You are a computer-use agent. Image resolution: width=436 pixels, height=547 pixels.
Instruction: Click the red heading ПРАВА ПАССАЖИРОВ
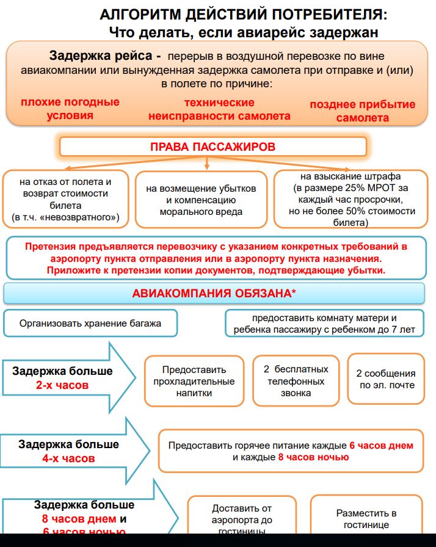pos(213,147)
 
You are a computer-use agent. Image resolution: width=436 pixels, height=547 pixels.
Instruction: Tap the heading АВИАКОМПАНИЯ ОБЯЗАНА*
pos(214,294)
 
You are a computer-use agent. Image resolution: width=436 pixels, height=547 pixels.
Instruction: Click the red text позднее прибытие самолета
pos(363,110)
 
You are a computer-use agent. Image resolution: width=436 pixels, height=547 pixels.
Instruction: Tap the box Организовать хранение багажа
pos(90,324)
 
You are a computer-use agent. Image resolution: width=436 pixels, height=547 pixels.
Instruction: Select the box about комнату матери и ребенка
pos(324,324)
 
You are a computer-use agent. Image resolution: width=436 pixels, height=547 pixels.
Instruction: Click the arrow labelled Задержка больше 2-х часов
pos(67,378)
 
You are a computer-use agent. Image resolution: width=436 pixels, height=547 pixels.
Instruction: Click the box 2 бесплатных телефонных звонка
pos(296,381)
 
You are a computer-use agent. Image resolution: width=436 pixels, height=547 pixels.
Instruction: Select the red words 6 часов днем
pos(382,446)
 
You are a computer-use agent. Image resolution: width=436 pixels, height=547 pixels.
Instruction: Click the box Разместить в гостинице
pos(366,519)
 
